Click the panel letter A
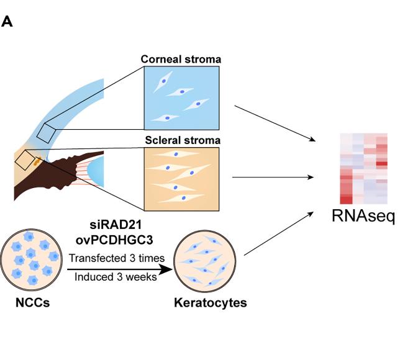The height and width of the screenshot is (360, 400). point(7,22)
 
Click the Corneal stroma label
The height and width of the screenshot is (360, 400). point(181,60)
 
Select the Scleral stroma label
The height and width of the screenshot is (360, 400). point(181,140)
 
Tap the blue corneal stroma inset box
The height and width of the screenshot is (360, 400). point(181,98)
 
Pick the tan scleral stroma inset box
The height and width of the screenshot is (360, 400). point(181,177)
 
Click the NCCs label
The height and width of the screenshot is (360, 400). point(31,304)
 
